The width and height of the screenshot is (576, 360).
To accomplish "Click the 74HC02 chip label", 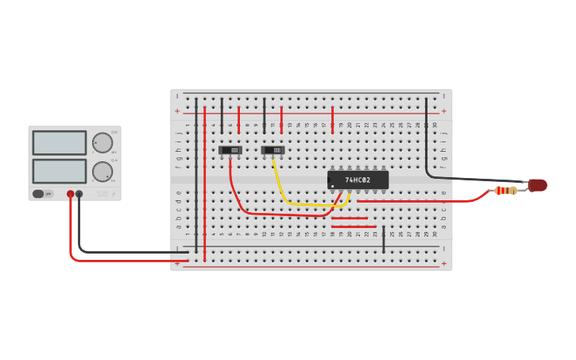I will point(358,180).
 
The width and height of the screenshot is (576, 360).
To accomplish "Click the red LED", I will point(538,185).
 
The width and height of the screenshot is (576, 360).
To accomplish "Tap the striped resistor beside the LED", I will point(505,190).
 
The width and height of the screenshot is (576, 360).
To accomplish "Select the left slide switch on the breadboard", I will point(230,149).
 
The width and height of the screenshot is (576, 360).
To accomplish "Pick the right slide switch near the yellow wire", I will point(273,149).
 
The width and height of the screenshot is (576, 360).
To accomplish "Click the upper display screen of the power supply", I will point(60,143).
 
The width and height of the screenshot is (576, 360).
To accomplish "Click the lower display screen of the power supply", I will point(60,171).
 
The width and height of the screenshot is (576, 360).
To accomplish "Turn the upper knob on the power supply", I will point(102,143).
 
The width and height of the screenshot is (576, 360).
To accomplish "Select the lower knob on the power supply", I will point(102,171).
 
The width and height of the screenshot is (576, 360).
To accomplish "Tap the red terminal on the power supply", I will point(71,194).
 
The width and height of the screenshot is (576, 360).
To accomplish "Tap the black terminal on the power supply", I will point(79,194).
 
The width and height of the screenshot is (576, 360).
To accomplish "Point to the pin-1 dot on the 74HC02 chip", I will point(332,186).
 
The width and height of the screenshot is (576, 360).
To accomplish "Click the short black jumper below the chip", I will point(384,239).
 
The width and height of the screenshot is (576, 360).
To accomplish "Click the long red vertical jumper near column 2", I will point(204,183).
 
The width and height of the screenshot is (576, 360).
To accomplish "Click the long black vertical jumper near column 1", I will point(196,175).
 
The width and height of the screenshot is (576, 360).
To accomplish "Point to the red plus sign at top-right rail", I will point(443,111).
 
